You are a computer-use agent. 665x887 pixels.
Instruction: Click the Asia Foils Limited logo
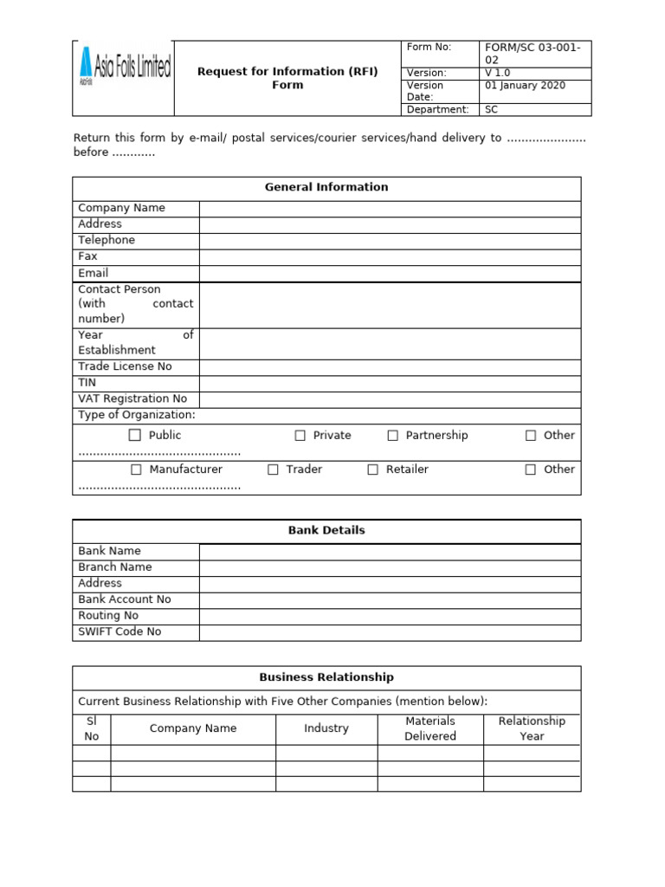point(124,68)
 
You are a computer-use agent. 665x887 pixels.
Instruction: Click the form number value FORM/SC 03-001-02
point(533,55)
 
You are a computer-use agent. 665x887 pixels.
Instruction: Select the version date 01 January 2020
point(525,85)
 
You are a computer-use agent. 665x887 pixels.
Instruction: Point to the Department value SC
point(491,110)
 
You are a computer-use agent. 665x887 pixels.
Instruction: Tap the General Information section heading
point(326,187)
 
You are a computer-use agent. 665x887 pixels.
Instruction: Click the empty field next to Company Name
point(390,209)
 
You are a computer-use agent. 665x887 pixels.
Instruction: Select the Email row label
point(94,273)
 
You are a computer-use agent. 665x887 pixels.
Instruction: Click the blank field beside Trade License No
point(390,367)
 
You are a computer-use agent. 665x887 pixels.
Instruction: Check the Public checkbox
point(135,436)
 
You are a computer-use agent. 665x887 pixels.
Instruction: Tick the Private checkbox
point(300,436)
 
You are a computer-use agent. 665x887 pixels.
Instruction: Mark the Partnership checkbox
point(392,436)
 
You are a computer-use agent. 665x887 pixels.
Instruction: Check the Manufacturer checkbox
point(136,469)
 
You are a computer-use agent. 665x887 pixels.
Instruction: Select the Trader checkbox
point(273,469)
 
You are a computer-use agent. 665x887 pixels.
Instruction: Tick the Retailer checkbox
point(372,469)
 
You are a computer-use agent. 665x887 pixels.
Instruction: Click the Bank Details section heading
point(326,530)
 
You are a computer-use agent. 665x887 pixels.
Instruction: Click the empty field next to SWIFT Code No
point(390,632)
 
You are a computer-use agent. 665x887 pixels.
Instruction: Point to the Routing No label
point(108,616)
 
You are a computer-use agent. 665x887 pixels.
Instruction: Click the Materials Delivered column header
point(430,728)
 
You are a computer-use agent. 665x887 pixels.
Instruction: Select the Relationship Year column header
point(532,728)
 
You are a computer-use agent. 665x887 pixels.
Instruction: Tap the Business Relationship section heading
point(326,677)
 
